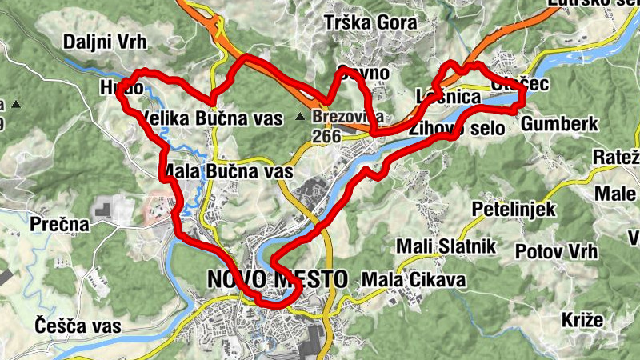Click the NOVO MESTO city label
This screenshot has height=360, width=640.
277,280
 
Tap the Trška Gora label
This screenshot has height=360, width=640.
370,23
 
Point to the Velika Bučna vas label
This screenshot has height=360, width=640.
211,119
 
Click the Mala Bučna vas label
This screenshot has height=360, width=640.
227,171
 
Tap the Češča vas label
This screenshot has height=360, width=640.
78,326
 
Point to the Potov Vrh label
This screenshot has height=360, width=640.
557,251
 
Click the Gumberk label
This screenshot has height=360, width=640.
559,124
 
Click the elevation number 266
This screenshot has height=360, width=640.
326,136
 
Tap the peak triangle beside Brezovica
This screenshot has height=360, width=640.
300,117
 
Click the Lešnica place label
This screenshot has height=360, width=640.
448,98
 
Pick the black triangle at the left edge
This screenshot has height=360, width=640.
14,105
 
